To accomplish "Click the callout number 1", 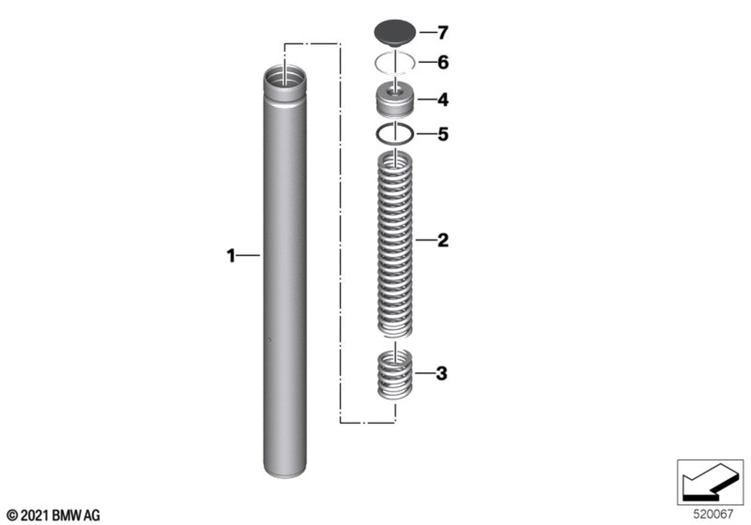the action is point(231,256).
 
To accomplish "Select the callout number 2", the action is point(443,240).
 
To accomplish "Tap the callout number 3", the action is point(442,373).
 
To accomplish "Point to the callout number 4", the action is point(443,100).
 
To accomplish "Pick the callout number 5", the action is point(443,134).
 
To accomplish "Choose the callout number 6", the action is point(443,62).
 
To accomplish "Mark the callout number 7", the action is point(443,32).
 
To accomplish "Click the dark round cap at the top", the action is point(394,32).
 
